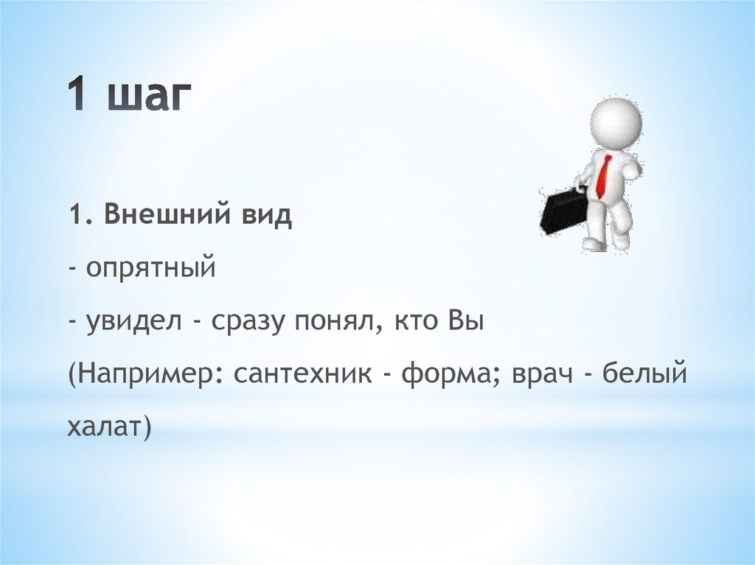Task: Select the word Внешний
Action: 167,214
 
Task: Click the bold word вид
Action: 265,214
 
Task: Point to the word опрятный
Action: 150,269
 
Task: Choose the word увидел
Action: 134,321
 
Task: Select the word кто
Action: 417,321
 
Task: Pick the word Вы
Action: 465,320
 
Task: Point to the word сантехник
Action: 303,374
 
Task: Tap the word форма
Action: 450,373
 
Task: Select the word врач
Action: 543,374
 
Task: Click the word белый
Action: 644,373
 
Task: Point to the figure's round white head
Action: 616,120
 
